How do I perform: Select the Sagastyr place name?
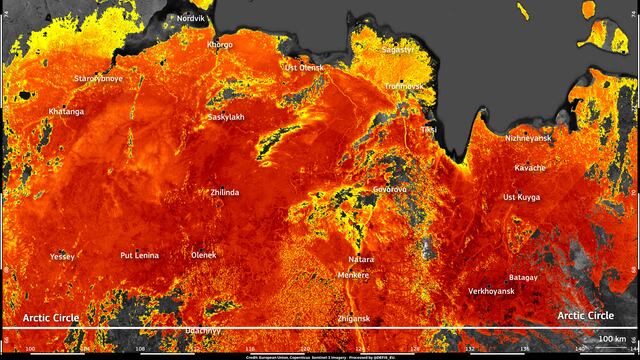pos(397,48)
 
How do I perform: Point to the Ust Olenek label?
pos(304,67)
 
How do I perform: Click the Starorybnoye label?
pos(99,77)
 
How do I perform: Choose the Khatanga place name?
pos(66,112)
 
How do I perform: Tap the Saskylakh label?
pos(226,117)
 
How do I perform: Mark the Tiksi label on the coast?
pos(429,129)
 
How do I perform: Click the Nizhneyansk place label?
pos(529,138)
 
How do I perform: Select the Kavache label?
pos(530,167)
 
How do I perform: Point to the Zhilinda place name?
pos(224,192)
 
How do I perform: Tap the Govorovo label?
pos(389,188)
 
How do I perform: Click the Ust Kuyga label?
pos(521,197)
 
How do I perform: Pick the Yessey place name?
pos(62,256)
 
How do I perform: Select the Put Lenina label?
pos(139,256)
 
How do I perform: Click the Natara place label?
pos(361,258)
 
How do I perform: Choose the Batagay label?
pos(523,276)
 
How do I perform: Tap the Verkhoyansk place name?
pos(491,291)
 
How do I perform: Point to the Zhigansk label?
pos(354,318)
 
